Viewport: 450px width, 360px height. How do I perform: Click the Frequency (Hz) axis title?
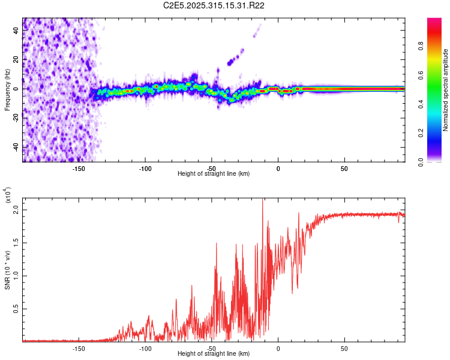[x=7, y=89]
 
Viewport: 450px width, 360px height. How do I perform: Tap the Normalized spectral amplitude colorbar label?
[x=446, y=90]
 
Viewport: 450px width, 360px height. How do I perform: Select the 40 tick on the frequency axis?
[x=16, y=30]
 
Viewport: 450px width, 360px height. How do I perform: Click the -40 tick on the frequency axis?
[x=16, y=147]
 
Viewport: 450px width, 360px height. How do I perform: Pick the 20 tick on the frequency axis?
[x=16, y=59]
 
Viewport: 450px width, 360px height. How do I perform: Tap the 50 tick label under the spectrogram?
[x=344, y=169]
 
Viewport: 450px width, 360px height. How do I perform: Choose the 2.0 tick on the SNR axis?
[x=16, y=211]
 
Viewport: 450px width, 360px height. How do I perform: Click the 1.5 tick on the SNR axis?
[x=16, y=243]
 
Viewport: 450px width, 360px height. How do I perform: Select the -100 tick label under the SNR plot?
[x=145, y=348]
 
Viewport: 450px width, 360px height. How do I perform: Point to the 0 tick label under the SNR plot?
[x=278, y=348]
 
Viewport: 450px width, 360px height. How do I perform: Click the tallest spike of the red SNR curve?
[x=262, y=200]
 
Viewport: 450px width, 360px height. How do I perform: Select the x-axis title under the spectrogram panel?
[x=214, y=174]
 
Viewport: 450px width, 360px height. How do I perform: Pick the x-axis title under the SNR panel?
[x=214, y=353]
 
